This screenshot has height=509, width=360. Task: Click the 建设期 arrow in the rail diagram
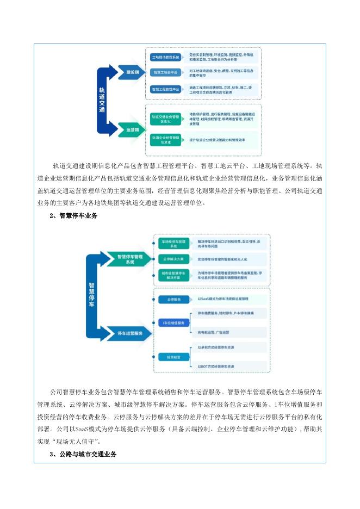point(132,72)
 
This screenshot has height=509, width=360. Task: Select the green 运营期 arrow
point(132,129)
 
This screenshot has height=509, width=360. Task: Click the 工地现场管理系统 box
point(165,56)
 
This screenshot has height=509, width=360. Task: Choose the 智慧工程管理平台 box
point(165,89)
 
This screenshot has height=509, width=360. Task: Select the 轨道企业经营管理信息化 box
point(166,140)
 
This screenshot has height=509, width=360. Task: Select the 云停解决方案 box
point(174,259)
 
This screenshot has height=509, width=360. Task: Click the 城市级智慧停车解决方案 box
point(174,275)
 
